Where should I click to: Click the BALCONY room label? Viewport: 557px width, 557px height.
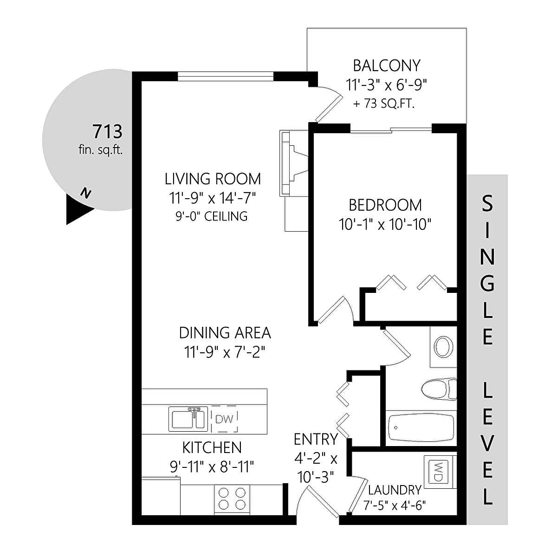(x=387, y=65)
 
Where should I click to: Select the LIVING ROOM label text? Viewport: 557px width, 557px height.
(x=213, y=179)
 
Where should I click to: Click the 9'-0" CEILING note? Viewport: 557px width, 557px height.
(x=212, y=216)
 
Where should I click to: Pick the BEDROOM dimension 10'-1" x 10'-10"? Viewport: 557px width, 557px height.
(x=385, y=224)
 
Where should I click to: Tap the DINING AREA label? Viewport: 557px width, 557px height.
(x=225, y=333)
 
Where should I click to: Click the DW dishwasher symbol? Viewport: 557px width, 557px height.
(x=224, y=419)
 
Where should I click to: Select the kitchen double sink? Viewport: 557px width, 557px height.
(x=188, y=419)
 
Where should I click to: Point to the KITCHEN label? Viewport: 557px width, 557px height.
(x=212, y=447)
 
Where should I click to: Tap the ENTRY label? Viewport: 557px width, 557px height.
(x=316, y=440)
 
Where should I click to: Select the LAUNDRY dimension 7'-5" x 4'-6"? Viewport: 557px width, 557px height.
(x=395, y=505)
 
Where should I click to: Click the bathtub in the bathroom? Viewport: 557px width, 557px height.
(x=421, y=428)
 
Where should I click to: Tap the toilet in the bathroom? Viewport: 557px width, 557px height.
(x=439, y=389)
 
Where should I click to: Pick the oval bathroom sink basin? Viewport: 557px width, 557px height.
(x=443, y=347)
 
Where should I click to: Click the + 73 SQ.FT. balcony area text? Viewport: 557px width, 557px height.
(x=384, y=104)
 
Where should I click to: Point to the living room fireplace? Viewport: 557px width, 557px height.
(x=294, y=163)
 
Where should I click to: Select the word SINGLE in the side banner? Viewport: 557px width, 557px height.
(x=487, y=270)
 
